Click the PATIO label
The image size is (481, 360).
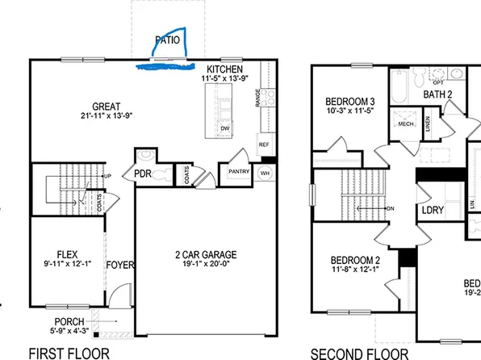[169, 39]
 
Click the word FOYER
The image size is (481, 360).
[121, 264]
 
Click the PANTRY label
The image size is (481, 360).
[238, 171]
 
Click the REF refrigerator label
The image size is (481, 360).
[263, 145]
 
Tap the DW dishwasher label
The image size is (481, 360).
[225, 128]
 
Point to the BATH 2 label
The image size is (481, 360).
[439, 94]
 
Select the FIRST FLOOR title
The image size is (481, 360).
[69, 353]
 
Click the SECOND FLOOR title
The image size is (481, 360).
[360, 353]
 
